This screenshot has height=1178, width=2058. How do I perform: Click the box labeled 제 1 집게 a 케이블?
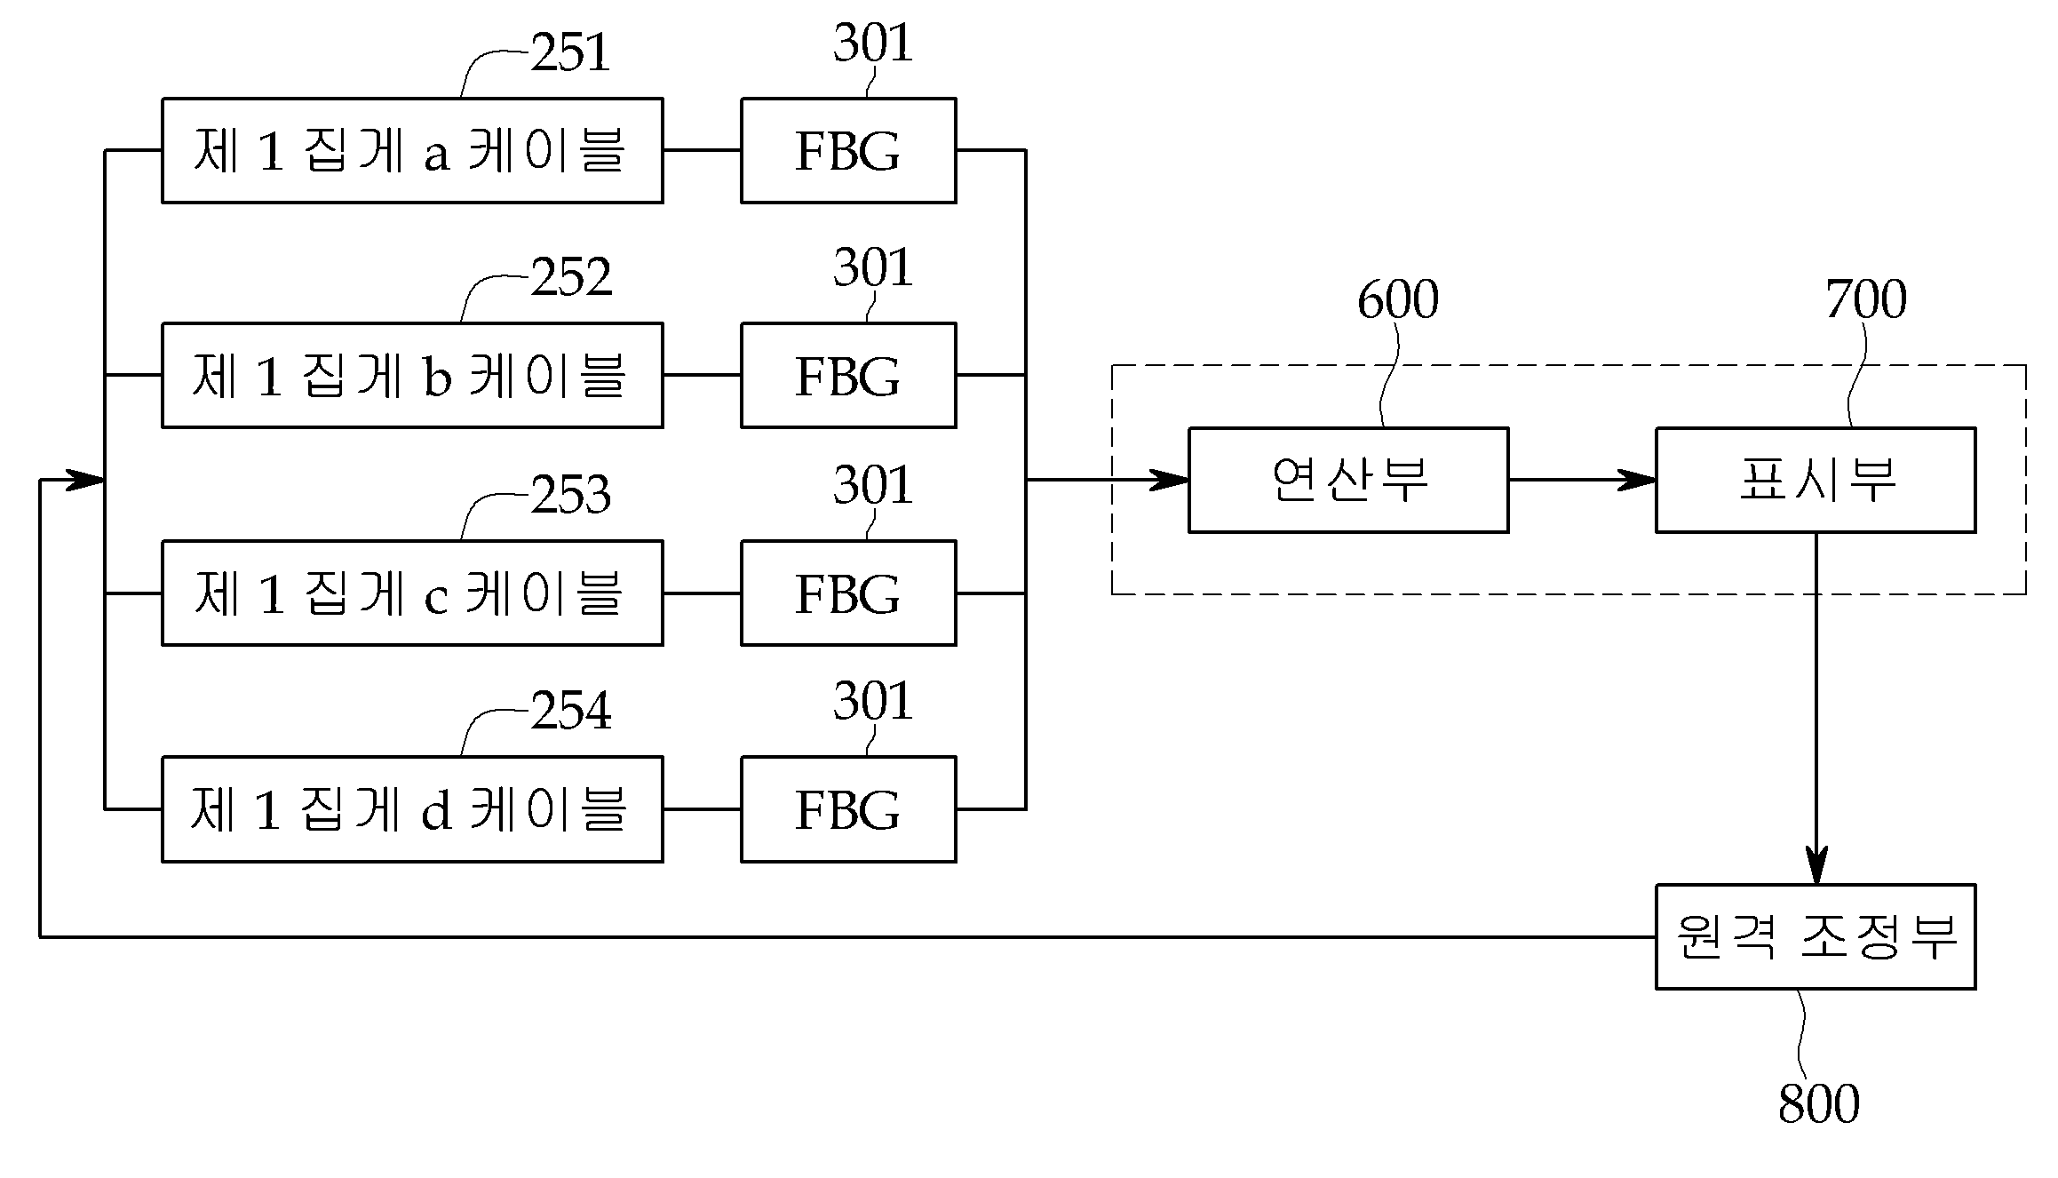[412, 150]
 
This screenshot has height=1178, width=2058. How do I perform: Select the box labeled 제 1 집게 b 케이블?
[412, 375]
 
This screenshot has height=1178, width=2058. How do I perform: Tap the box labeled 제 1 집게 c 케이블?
[412, 593]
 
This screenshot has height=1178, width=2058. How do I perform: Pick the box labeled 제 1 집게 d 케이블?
[412, 809]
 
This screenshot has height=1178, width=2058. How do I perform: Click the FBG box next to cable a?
[848, 150]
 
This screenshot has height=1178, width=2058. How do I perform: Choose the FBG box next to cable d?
[848, 809]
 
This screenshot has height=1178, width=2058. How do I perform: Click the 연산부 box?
[1348, 480]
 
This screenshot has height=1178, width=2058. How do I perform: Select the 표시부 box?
[1816, 480]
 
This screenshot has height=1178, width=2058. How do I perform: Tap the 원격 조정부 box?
[1816, 936]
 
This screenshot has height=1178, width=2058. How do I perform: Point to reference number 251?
[571, 52]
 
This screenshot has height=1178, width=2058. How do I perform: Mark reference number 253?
[571, 494]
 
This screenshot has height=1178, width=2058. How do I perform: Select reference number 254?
[571, 711]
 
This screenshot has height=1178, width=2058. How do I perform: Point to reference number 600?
[1398, 299]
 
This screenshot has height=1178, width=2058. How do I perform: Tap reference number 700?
[1866, 299]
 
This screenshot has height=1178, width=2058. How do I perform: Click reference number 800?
[1819, 1103]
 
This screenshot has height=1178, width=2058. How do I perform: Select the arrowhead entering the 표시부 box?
[1636, 480]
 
